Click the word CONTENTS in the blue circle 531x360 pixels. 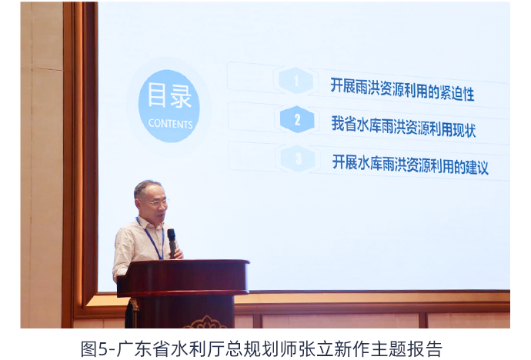[x=170, y=124]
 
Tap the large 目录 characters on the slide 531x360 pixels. [x=169, y=96]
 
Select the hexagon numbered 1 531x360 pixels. [x=296, y=81]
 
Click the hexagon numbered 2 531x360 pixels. [x=297, y=119]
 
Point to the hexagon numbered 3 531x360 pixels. [x=298, y=158]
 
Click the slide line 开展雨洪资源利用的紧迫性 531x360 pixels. [x=402, y=89]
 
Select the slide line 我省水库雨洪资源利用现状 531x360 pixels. [x=403, y=127]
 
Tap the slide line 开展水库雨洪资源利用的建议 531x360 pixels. [x=410, y=165]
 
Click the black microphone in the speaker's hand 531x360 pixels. [x=172, y=243]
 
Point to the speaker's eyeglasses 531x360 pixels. [x=158, y=202]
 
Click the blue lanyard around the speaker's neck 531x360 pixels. [x=151, y=238]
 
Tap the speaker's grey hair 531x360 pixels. [x=146, y=188]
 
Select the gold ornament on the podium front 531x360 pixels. [x=205, y=322]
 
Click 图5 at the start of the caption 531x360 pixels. [x=93, y=348]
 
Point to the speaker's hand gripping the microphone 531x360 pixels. [x=177, y=253]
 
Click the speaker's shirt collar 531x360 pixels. [x=149, y=224]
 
